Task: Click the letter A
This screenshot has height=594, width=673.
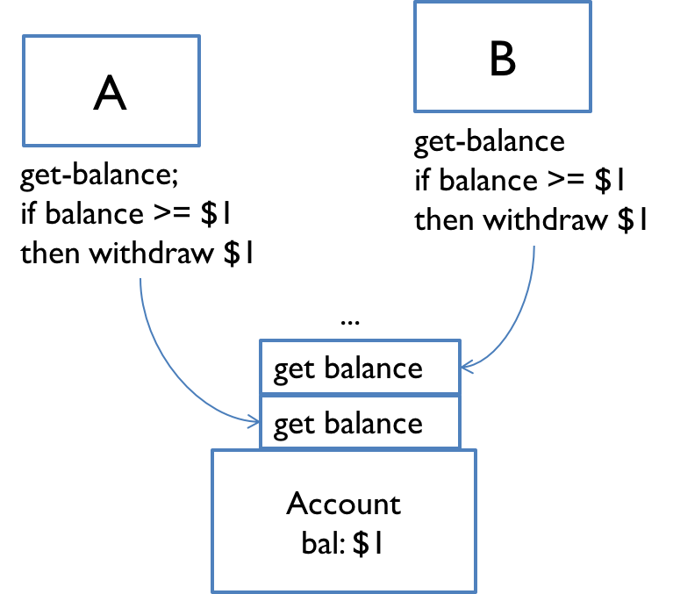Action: [x=111, y=93]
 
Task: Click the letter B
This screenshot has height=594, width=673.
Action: [x=503, y=60]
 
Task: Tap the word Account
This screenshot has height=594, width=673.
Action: [x=343, y=505]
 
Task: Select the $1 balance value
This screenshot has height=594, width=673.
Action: [x=368, y=545]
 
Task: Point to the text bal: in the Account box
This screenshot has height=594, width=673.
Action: [x=322, y=545]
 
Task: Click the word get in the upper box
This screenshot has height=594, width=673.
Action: [x=295, y=369]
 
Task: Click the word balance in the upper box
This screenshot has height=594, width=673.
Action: [x=373, y=368]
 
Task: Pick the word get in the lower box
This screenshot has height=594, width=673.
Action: [x=295, y=426]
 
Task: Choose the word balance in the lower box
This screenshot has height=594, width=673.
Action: [x=373, y=424]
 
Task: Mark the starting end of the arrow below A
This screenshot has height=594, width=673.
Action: [x=140, y=279]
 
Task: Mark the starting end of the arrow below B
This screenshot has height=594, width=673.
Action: [x=533, y=247]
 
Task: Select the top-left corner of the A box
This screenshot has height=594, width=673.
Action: [x=24, y=37]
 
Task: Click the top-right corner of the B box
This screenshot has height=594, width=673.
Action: [x=591, y=3]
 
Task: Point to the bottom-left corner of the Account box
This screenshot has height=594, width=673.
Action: [x=212, y=590]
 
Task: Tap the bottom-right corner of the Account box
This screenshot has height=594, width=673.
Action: [x=475, y=590]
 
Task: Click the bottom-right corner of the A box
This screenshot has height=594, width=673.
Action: [x=199, y=145]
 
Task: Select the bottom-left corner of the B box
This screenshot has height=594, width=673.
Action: [x=415, y=111]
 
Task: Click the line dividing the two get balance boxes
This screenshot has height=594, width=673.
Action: [x=360, y=395]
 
